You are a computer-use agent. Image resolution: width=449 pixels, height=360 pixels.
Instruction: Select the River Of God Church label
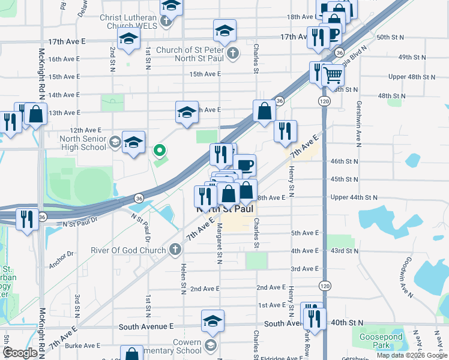128,250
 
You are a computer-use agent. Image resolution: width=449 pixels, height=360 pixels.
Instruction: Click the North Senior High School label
83,143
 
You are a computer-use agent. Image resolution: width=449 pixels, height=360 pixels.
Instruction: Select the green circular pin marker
160,150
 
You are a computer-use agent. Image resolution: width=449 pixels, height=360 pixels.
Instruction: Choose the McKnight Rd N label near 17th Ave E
41,73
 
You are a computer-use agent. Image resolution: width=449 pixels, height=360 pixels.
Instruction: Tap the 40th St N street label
345,323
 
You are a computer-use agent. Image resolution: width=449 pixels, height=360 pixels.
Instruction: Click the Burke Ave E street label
82,345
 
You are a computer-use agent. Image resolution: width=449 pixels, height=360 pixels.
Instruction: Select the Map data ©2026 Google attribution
412,355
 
